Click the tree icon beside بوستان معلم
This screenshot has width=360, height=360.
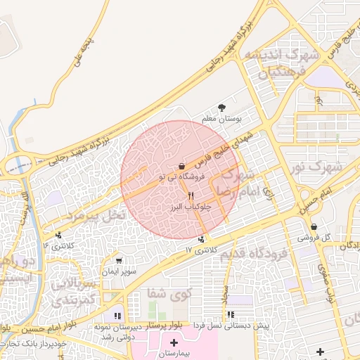222,107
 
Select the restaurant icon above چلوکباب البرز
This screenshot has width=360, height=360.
191,195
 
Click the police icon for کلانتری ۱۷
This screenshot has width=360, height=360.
202,239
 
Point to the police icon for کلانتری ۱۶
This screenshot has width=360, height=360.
58,235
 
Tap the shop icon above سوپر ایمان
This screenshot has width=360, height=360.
119,260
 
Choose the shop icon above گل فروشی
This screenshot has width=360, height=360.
314,226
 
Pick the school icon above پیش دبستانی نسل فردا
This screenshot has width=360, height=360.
230,315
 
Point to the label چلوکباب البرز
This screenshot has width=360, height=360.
186,208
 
